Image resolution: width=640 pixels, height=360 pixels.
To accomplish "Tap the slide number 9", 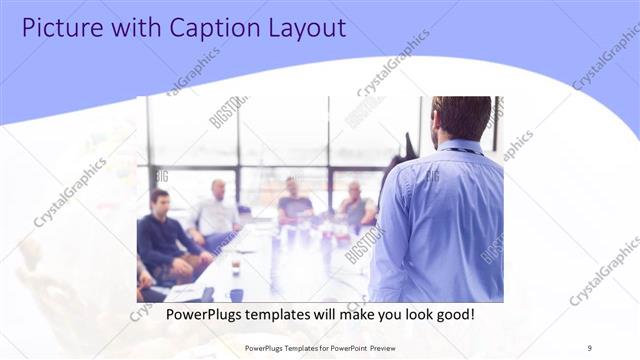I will tap(590, 347).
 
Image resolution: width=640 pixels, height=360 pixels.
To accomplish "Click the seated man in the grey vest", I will tap(356, 205).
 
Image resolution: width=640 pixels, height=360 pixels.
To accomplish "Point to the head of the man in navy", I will tap(158, 200).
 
